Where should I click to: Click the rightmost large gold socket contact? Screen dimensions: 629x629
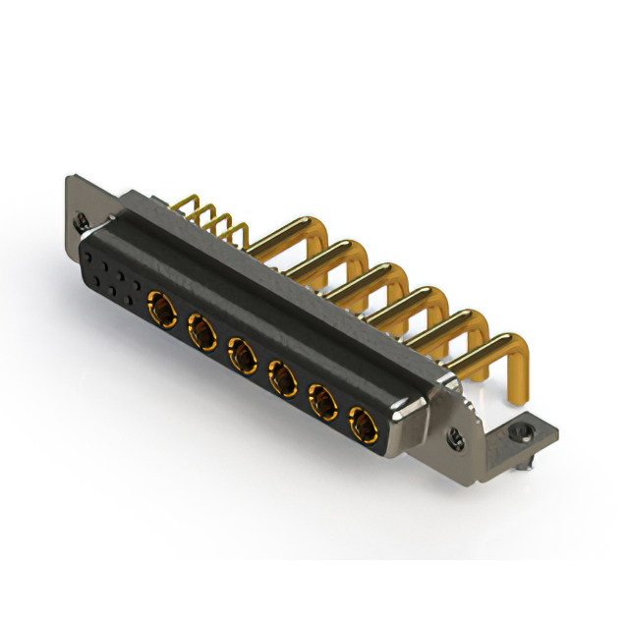[365, 425]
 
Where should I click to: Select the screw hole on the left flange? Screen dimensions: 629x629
[84, 222]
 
